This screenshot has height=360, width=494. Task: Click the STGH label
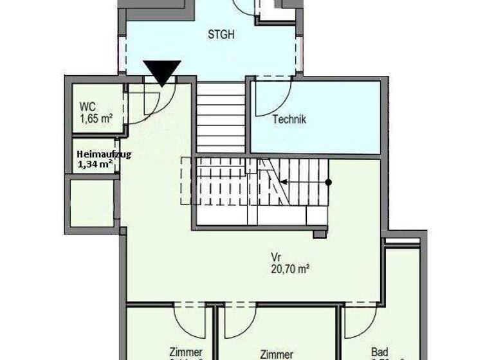pos(221,35)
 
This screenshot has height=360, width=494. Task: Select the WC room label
pos(88,107)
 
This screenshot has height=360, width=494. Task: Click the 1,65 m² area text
pos(96,119)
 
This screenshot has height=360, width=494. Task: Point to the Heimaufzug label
pos(103,154)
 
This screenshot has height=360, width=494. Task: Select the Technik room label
pos(289,120)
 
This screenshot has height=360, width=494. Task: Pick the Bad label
pos(380,352)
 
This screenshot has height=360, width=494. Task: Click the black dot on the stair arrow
pos(328,182)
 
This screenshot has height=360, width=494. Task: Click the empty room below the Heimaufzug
pos(92,203)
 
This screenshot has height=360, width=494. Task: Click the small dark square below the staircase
pos(320,234)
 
